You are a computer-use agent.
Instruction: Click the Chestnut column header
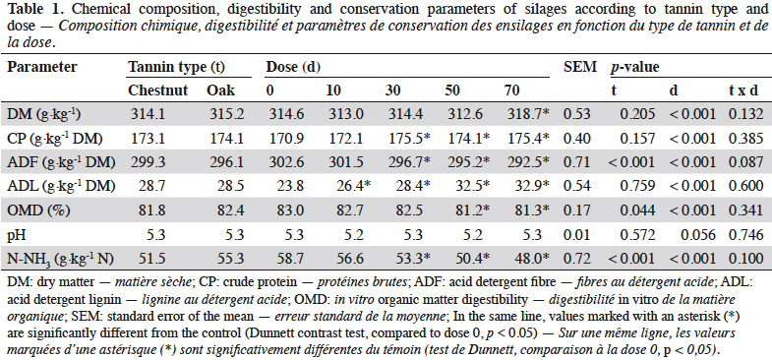tap(157, 90)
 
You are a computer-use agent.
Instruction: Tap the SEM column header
tap(579, 67)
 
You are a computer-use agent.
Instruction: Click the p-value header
tap(634, 67)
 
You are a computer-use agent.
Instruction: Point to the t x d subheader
tap(743, 90)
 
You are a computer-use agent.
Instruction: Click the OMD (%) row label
tap(40, 210)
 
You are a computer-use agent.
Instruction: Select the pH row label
tap(17, 234)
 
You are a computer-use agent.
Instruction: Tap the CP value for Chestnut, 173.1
tap(147, 139)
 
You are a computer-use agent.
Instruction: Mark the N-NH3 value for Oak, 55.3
tap(230, 259)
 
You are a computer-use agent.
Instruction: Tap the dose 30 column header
tap(393, 90)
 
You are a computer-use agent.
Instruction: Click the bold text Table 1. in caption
tap(29, 9)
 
